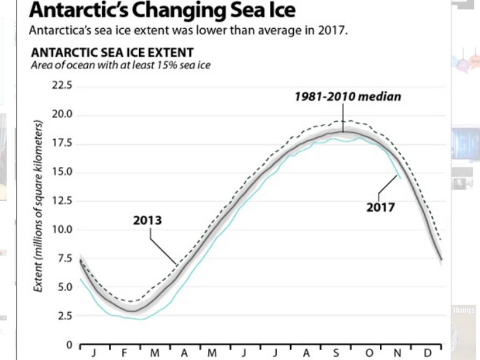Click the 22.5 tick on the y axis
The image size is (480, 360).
[63, 86]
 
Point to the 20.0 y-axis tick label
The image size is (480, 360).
[63, 115]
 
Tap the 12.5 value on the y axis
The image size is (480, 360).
[63, 201]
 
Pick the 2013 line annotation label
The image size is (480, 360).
[147, 220]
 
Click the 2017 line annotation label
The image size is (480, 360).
[381, 207]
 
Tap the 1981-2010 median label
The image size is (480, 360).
[348, 97]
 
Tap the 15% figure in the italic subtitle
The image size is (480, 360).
[170, 66]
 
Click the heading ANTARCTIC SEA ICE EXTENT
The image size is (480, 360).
[112, 52]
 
